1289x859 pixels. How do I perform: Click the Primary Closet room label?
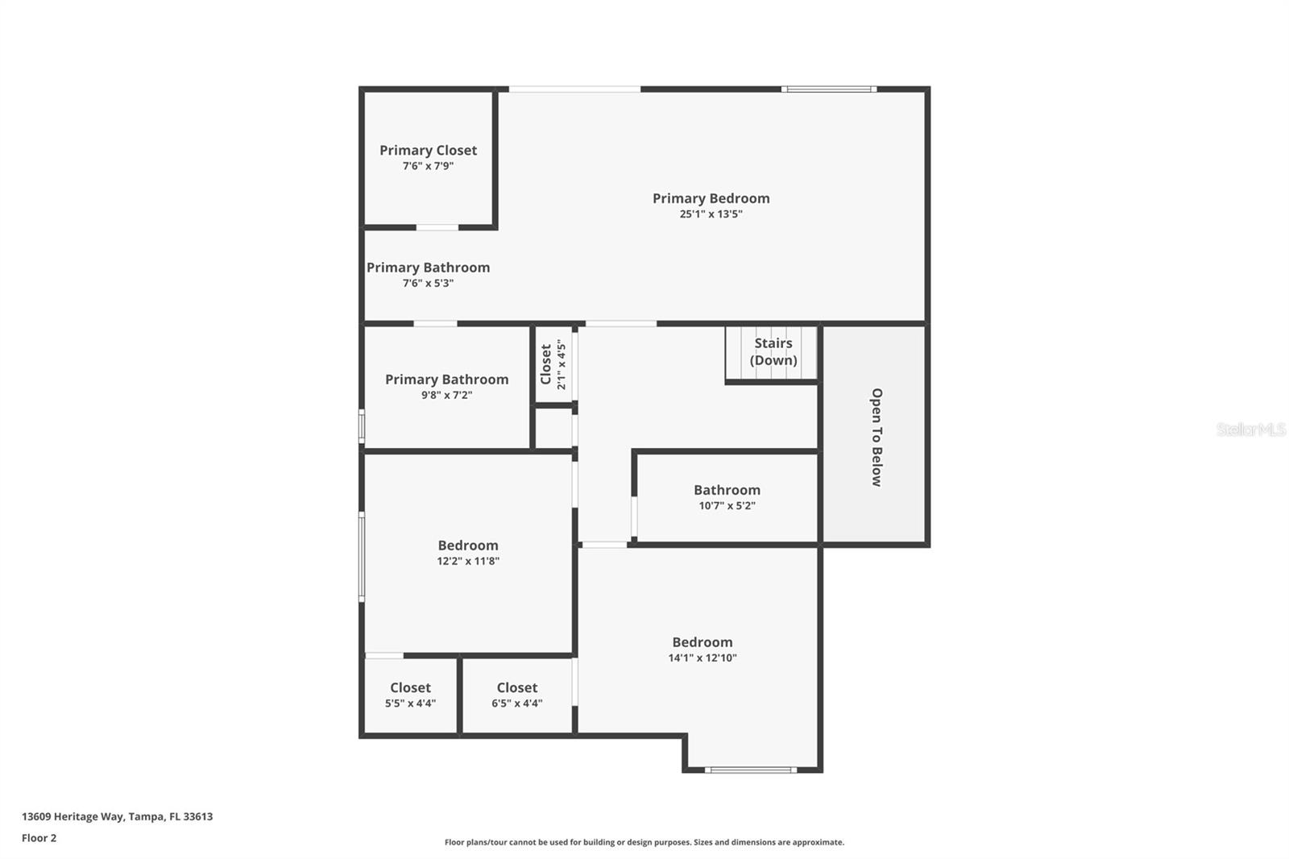(x=428, y=151)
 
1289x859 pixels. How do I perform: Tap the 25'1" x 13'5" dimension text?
(x=711, y=214)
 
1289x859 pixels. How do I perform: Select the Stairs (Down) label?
(x=773, y=351)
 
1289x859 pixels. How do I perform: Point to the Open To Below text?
(x=877, y=438)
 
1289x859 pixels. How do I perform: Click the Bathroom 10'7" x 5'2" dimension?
(x=727, y=506)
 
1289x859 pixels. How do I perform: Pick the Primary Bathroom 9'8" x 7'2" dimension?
(x=446, y=396)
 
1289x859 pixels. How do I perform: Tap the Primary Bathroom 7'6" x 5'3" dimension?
(x=428, y=284)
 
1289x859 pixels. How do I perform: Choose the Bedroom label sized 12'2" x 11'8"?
(x=468, y=546)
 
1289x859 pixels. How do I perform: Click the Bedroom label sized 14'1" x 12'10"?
(x=703, y=642)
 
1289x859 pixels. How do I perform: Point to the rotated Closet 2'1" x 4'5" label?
(x=553, y=364)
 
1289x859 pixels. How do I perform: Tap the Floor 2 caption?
(x=39, y=838)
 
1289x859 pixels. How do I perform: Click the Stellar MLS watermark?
(x=1250, y=429)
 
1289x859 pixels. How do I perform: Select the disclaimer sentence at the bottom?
(x=644, y=843)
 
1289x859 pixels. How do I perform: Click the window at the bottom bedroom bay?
(x=751, y=770)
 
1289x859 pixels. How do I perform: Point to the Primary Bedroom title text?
(x=711, y=198)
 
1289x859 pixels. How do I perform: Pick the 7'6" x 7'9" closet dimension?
(x=428, y=167)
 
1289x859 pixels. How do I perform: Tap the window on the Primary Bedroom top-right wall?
(x=828, y=89)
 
